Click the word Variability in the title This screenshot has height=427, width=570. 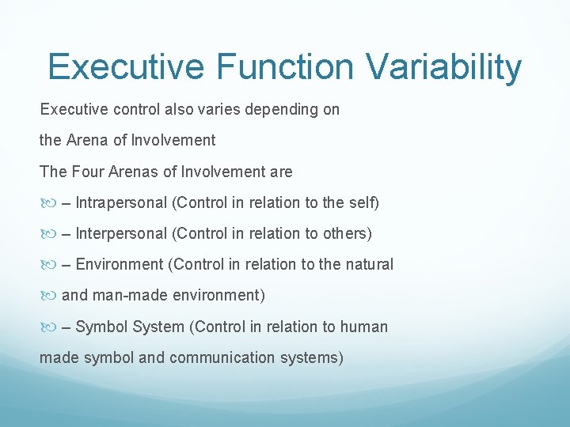tap(447, 68)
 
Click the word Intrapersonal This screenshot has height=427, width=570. tap(121, 203)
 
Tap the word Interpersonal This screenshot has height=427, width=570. tap(121, 234)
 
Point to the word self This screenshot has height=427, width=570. tap(361, 203)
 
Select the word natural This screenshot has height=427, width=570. tap(368, 265)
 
